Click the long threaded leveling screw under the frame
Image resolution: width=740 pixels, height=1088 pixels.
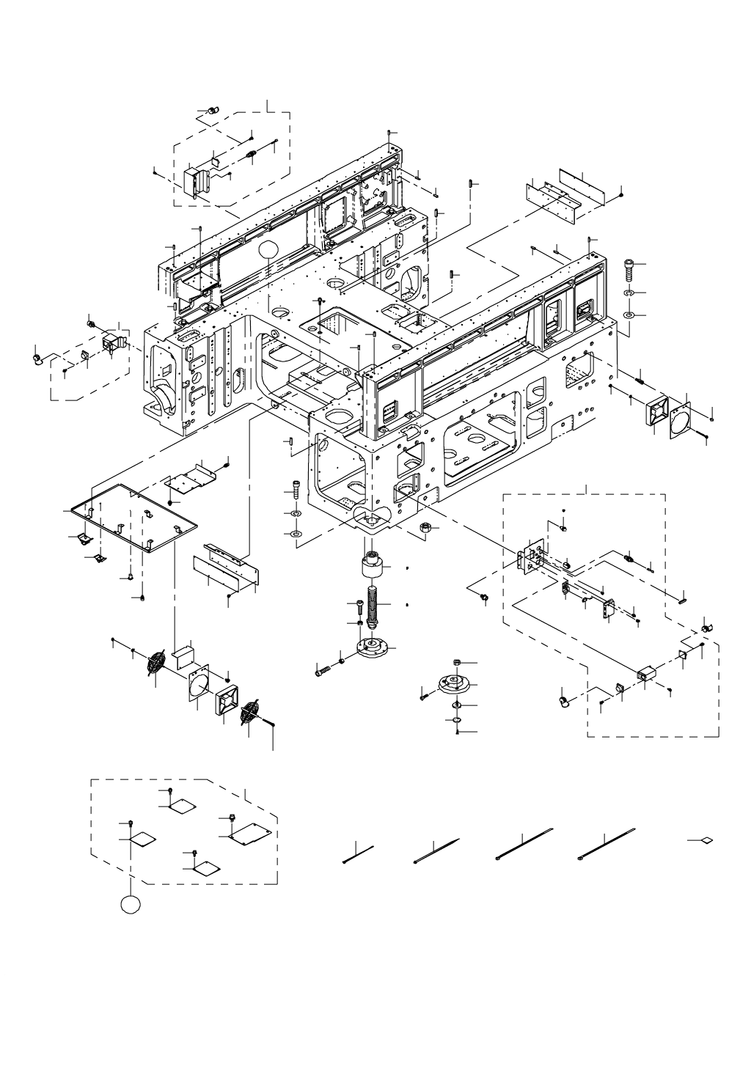[x=373, y=604]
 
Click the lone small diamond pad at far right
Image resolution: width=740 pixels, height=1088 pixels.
[x=706, y=840]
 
